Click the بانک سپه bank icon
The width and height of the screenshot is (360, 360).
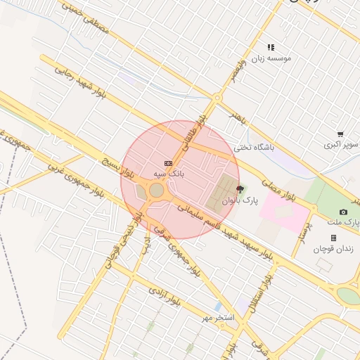(x=167, y=162)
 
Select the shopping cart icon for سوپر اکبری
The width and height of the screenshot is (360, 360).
(x=340, y=134)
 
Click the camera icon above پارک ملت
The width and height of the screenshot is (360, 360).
(x=343, y=212)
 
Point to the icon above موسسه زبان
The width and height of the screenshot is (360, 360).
(x=271, y=47)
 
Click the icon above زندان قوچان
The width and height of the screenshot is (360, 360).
(x=333, y=238)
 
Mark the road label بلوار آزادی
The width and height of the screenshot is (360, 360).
(x=165, y=298)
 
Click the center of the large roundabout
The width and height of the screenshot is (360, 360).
(x=156, y=190)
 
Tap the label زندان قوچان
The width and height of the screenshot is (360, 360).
(x=339, y=249)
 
